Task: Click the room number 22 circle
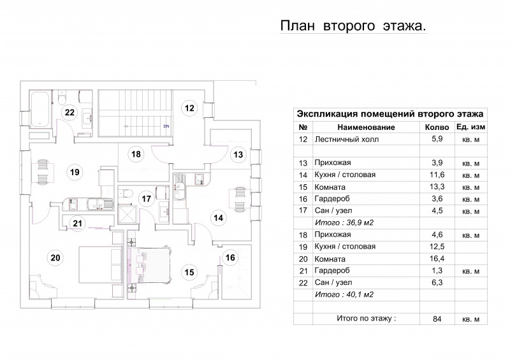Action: tap(69, 112)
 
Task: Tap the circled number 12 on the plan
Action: tap(189, 108)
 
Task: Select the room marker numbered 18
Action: tap(136, 154)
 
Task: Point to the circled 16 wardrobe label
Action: tap(230, 257)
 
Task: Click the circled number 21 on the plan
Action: tap(77, 224)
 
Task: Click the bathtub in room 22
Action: tap(40, 110)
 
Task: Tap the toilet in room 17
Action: tap(126, 192)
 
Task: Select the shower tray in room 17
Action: tap(126, 215)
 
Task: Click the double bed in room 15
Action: tap(150, 264)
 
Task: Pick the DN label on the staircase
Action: tap(166, 126)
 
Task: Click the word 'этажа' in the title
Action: tap(404, 26)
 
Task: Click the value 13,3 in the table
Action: tap(437, 187)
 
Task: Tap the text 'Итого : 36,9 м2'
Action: tap(344, 223)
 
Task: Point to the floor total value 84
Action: tap(437, 319)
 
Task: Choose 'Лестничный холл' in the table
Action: tap(346, 140)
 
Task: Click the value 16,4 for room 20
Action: tap(437, 259)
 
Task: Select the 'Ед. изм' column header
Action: tap(470, 127)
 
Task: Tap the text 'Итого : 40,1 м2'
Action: tap(344, 294)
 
